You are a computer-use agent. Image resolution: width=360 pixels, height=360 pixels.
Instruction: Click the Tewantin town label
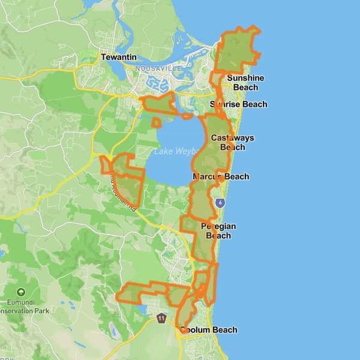(x=119, y=58)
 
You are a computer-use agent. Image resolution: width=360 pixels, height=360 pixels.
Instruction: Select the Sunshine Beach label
(x=245, y=83)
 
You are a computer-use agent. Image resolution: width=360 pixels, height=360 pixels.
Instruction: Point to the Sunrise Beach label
(x=239, y=104)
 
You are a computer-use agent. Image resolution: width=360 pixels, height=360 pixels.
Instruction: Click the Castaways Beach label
(x=232, y=143)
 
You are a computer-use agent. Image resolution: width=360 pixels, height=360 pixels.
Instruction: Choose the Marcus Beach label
(x=221, y=177)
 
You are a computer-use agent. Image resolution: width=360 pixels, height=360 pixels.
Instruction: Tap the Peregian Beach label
(x=218, y=231)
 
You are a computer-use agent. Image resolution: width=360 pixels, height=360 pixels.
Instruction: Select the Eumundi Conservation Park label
(x=24, y=307)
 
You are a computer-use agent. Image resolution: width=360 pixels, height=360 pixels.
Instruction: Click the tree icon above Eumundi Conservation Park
(x=22, y=292)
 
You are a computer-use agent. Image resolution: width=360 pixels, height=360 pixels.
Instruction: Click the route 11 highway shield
(x=161, y=317)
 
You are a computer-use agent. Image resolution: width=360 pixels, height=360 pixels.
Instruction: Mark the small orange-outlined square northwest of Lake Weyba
(x=157, y=123)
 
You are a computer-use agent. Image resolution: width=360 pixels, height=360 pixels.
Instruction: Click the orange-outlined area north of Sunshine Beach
(x=238, y=51)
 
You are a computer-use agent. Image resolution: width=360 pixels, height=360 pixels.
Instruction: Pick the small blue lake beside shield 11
(x=143, y=309)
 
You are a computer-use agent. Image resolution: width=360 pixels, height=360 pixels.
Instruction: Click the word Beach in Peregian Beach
(x=218, y=236)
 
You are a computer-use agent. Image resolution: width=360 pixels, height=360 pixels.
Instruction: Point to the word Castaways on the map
(x=232, y=138)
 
